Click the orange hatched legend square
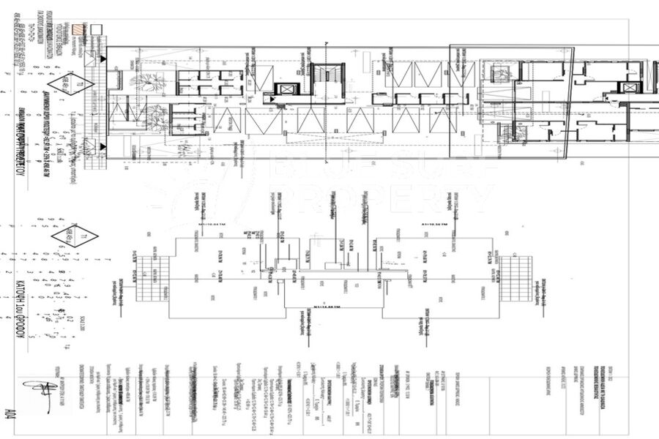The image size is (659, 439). click(78, 30)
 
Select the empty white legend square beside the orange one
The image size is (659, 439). click(96, 30)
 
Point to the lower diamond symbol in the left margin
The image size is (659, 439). click(74, 236)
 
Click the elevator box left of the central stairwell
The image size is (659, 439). click(286, 91)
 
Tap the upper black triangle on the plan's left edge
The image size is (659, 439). click(103, 57)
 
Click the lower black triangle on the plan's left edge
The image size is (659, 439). click(103, 146)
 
